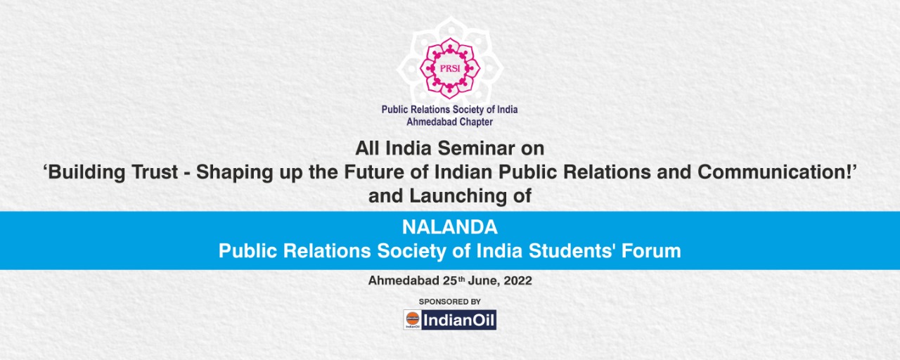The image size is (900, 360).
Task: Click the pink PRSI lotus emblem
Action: (450, 68)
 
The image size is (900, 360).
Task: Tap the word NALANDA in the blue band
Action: (449, 227)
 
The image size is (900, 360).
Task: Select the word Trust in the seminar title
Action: (155, 172)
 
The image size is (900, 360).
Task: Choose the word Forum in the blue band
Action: (651, 251)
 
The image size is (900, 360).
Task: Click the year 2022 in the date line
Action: (517, 281)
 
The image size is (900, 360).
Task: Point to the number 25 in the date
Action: (450, 281)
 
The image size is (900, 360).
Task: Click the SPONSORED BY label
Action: (449, 302)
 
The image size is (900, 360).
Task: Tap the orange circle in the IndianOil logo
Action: (412, 318)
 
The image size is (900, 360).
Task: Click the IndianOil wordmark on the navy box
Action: (458, 320)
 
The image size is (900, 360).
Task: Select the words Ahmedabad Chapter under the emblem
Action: (449, 122)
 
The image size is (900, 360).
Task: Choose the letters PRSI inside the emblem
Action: (450, 68)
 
